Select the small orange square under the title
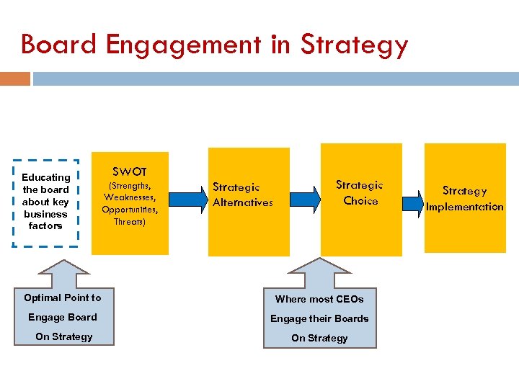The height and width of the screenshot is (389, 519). [15, 79]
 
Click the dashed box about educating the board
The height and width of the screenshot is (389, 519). [46, 202]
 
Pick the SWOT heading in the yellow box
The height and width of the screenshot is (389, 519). [130, 171]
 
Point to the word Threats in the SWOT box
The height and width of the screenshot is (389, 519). [130, 222]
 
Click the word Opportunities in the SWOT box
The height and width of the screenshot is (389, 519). [130, 210]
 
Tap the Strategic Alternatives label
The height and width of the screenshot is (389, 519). [243, 195]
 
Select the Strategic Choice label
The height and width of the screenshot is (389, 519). [360, 193]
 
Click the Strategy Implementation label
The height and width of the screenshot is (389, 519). [464, 199]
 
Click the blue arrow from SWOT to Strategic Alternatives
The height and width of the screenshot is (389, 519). [188, 195]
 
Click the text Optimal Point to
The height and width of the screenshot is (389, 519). [63, 298]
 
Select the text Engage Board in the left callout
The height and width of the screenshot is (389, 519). [63, 317]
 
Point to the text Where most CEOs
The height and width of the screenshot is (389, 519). [319, 299]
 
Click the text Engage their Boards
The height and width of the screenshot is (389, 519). [319, 318]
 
